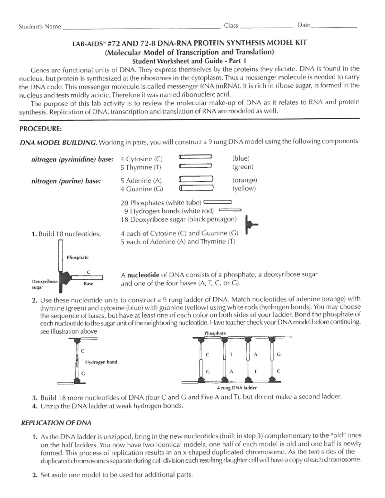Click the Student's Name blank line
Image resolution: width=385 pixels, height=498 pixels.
pos(141,29)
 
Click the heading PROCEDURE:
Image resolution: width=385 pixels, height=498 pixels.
pos(40,129)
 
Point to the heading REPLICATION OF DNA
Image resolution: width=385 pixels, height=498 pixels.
pos(56,423)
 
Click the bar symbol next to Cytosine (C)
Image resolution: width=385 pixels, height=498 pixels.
pos(195,156)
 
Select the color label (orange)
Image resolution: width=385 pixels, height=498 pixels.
pos(245,180)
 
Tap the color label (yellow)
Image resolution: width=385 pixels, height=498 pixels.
pos(244,189)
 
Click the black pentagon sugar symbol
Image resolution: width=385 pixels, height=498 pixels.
pos(251,224)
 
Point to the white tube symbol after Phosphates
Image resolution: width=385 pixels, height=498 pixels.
pos(217,202)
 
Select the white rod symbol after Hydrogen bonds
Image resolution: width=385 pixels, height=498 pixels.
pos(230,210)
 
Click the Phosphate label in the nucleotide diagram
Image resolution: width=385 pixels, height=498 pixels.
pos(77,257)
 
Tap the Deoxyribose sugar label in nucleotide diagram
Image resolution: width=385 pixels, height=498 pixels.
pos(45,284)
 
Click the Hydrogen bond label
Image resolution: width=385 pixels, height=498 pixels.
pos(101,362)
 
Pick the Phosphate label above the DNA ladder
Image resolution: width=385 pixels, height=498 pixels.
pos(215,333)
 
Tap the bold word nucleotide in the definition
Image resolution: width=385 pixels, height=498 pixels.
pos(143,275)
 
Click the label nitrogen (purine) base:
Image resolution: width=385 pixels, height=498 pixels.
pos(66,181)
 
